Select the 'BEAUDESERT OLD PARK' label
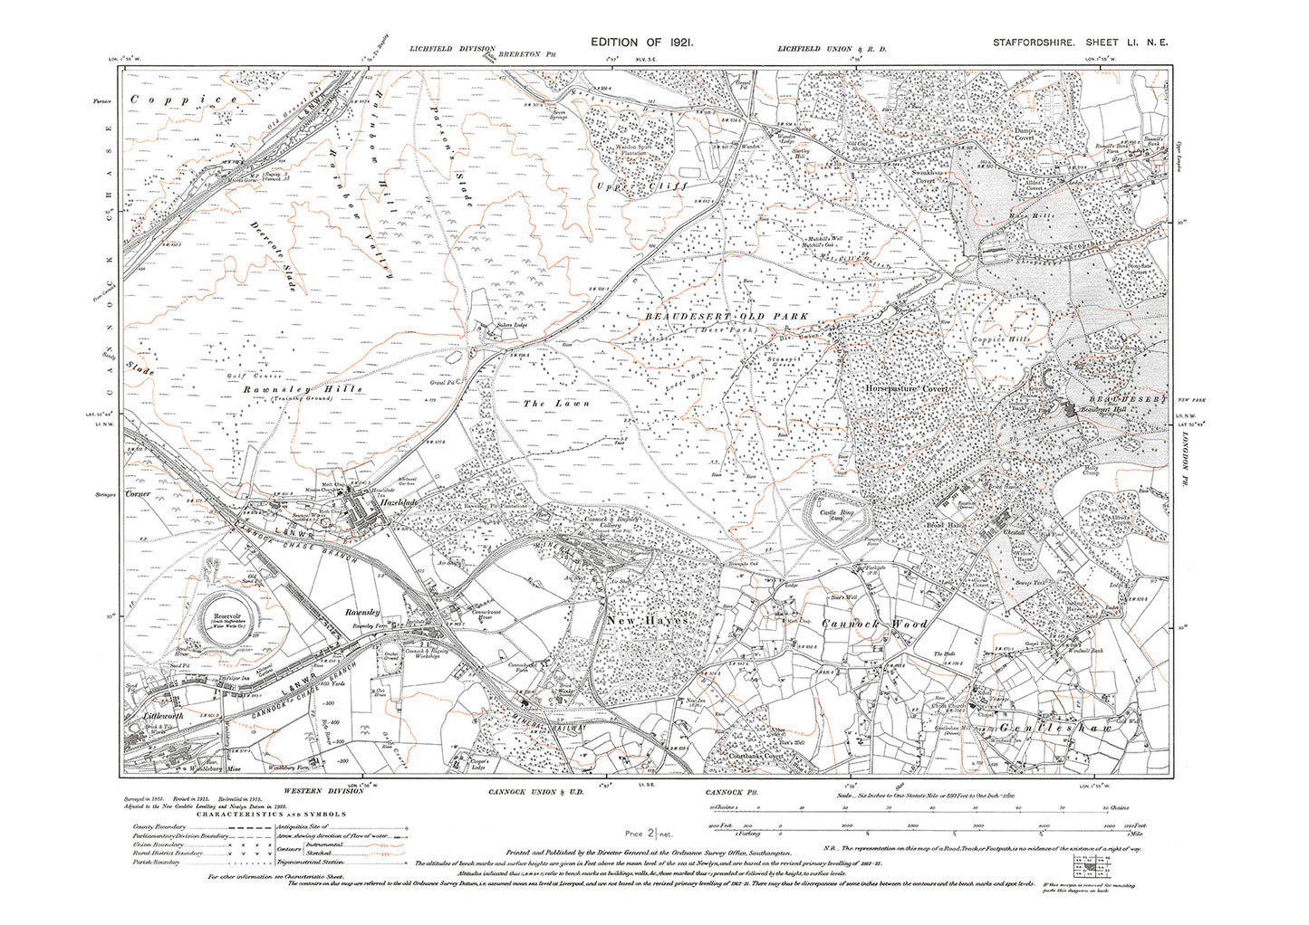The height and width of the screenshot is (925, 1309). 727,317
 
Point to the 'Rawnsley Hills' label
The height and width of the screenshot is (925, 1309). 303,388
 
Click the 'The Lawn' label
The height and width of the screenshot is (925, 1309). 556,404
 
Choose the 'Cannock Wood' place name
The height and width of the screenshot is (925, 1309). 874,624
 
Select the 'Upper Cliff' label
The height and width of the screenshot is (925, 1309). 642,186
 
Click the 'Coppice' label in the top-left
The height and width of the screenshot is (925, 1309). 184,100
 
